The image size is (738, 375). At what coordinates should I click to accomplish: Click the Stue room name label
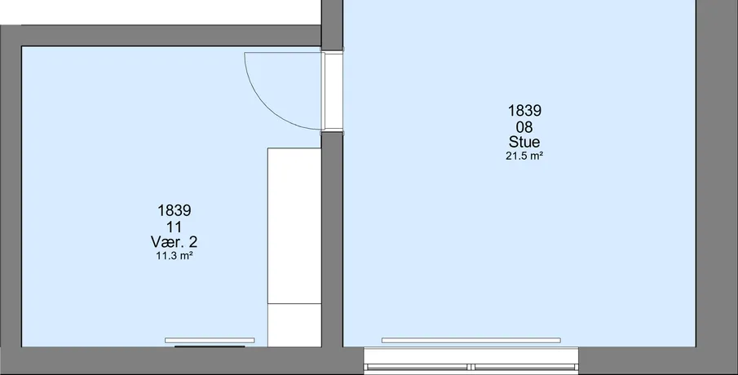[524, 142]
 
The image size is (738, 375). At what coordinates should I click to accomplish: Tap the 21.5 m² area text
[524, 157]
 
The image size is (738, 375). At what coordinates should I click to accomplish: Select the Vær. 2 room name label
[175, 242]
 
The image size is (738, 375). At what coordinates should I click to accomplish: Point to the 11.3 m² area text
[175, 256]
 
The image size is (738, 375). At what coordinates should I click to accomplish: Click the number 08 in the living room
[524, 126]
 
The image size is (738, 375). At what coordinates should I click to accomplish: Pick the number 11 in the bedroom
[175, 227]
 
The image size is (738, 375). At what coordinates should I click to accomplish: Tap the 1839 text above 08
[524, 111]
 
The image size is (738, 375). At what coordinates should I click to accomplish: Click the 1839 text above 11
[175, 210]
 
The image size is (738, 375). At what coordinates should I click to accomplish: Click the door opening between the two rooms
[333, 90]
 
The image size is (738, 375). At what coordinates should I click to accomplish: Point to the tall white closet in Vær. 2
[294, 226]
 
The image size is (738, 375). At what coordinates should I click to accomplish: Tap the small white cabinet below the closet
[294, 325]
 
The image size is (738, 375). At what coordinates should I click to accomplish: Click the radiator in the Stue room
[471, 340]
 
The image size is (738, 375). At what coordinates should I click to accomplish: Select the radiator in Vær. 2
[210, 340]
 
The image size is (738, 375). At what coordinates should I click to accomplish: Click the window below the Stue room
[471, 360]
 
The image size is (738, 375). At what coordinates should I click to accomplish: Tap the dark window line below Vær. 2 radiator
[210, 346]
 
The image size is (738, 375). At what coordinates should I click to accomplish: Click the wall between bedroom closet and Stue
[332, 240]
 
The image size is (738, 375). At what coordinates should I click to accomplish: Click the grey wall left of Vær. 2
[11, 197]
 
